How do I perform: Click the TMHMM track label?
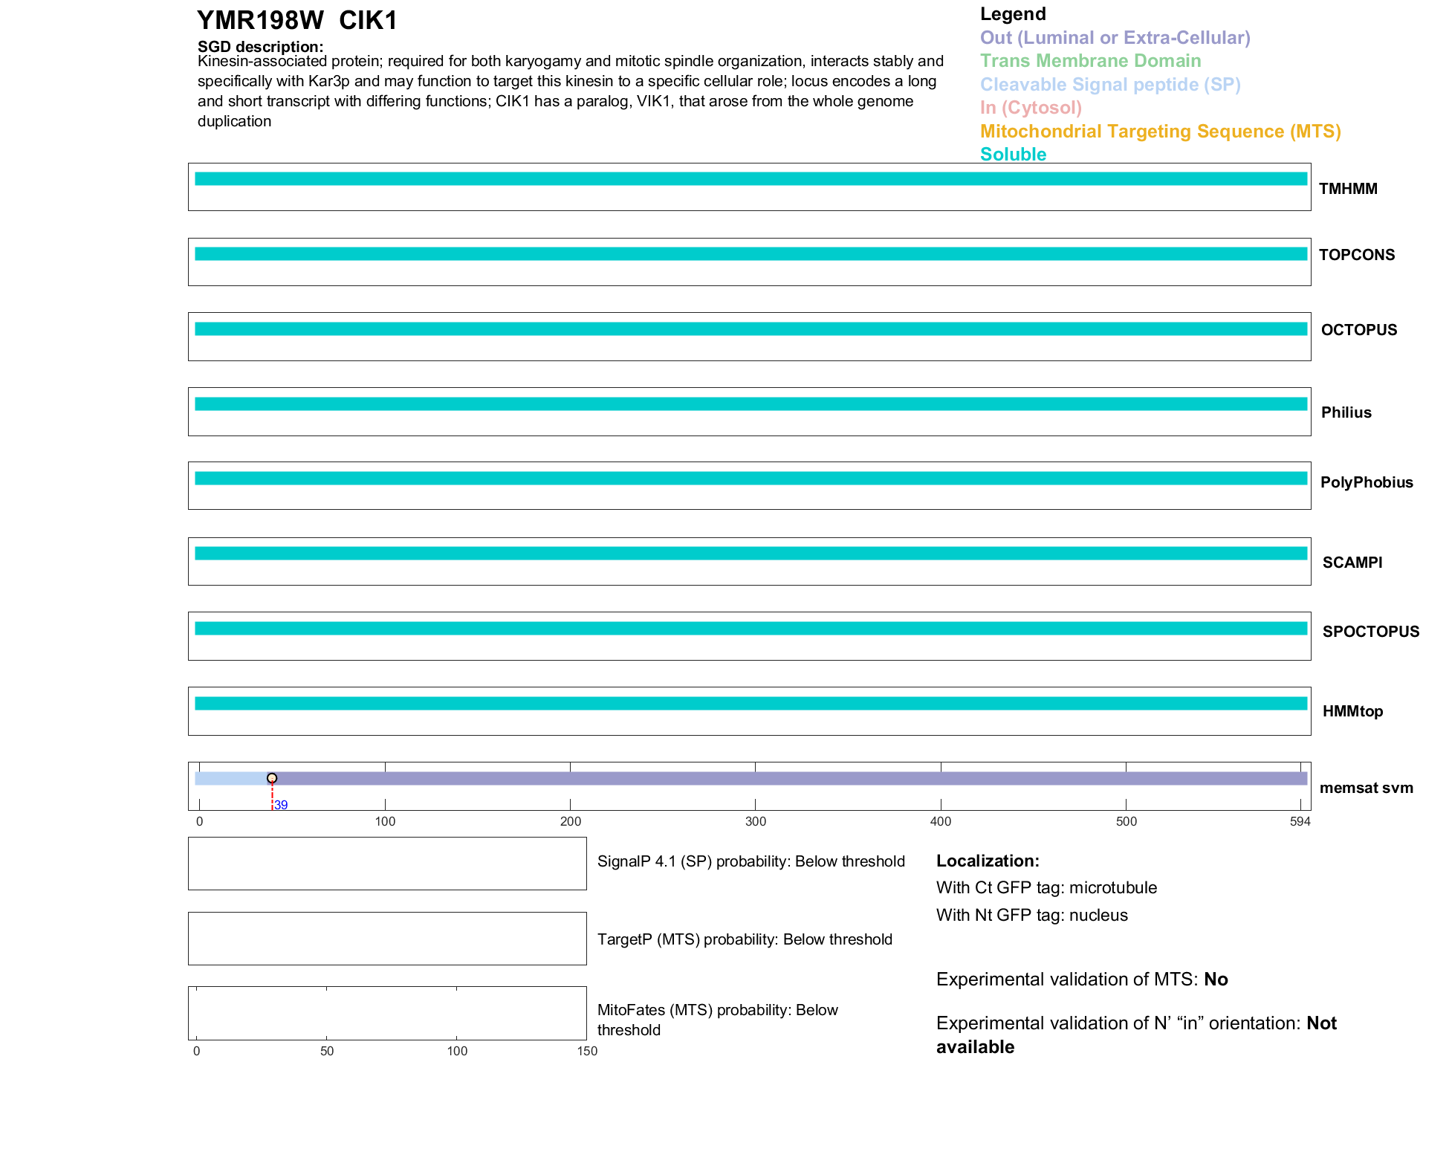coord(1347,189)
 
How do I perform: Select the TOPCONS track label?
coord(1356,255)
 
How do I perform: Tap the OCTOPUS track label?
coord(1358,330)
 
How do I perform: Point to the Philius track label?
coord(1346,412)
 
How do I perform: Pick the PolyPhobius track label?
coord(1366,482)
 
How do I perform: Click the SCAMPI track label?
coord(1352,563)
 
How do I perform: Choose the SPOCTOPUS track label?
coord(1370,632)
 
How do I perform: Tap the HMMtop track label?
coord(1352,711)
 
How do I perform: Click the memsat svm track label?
coord(1366,788)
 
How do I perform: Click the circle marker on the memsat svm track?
coord(272,778)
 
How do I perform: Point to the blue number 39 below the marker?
coord(281,806)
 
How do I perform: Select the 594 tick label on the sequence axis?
coord(1300,821)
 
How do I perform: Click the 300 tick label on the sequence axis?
coord(755,821)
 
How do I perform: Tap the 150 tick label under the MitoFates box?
coord(587,1051)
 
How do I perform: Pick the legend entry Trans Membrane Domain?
coord(1090,61)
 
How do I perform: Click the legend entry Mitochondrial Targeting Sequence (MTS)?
coord(1160,132)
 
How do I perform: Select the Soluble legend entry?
coord(1013,155)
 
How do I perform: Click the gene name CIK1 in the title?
coord(368,21)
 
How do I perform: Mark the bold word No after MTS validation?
coord(1216,979)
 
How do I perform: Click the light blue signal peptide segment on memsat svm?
coord(231,778)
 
